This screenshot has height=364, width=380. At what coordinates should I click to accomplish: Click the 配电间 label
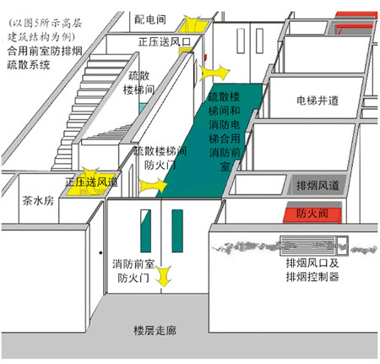click(x=150, y=19)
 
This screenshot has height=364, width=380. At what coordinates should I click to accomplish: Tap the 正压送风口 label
click(x=165, y=41)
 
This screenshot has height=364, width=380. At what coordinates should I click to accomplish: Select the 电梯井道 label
click(x=318, y=101)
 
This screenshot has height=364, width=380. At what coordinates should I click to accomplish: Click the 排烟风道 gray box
click(x=318, y=185)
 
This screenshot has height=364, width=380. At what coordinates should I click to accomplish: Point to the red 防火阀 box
click(x=312, y=215)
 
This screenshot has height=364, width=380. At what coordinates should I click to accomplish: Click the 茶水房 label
click(x=38, y=201)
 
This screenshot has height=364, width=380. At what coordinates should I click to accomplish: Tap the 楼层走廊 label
click(x=155, y=330)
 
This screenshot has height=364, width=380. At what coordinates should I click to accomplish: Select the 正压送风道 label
click(x=91, y=182)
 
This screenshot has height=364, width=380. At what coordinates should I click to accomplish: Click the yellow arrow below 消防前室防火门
click(x=164, y=275)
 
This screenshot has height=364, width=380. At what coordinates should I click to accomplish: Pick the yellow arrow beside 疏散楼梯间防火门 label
click(x=153, y=186)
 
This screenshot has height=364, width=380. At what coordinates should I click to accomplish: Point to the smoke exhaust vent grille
click(x=314, y=246)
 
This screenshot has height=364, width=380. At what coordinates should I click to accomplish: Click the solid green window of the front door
click(x=177, y=231)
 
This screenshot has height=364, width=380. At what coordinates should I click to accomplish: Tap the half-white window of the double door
click(x=145, y=231)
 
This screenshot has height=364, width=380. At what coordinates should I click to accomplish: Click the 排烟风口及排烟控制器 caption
click(x=312, y=270)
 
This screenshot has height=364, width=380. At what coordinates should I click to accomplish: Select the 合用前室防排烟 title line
click(x=45, y=52)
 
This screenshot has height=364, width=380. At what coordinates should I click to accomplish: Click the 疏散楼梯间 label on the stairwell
click(x=138, y=83)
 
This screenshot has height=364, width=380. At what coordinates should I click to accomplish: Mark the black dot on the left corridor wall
click(x=100, y=253)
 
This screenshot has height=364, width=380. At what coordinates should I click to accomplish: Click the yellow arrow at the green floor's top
click(x=214, y=73)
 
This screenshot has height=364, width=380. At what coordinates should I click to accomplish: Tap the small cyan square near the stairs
click(x=143, y=108)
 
